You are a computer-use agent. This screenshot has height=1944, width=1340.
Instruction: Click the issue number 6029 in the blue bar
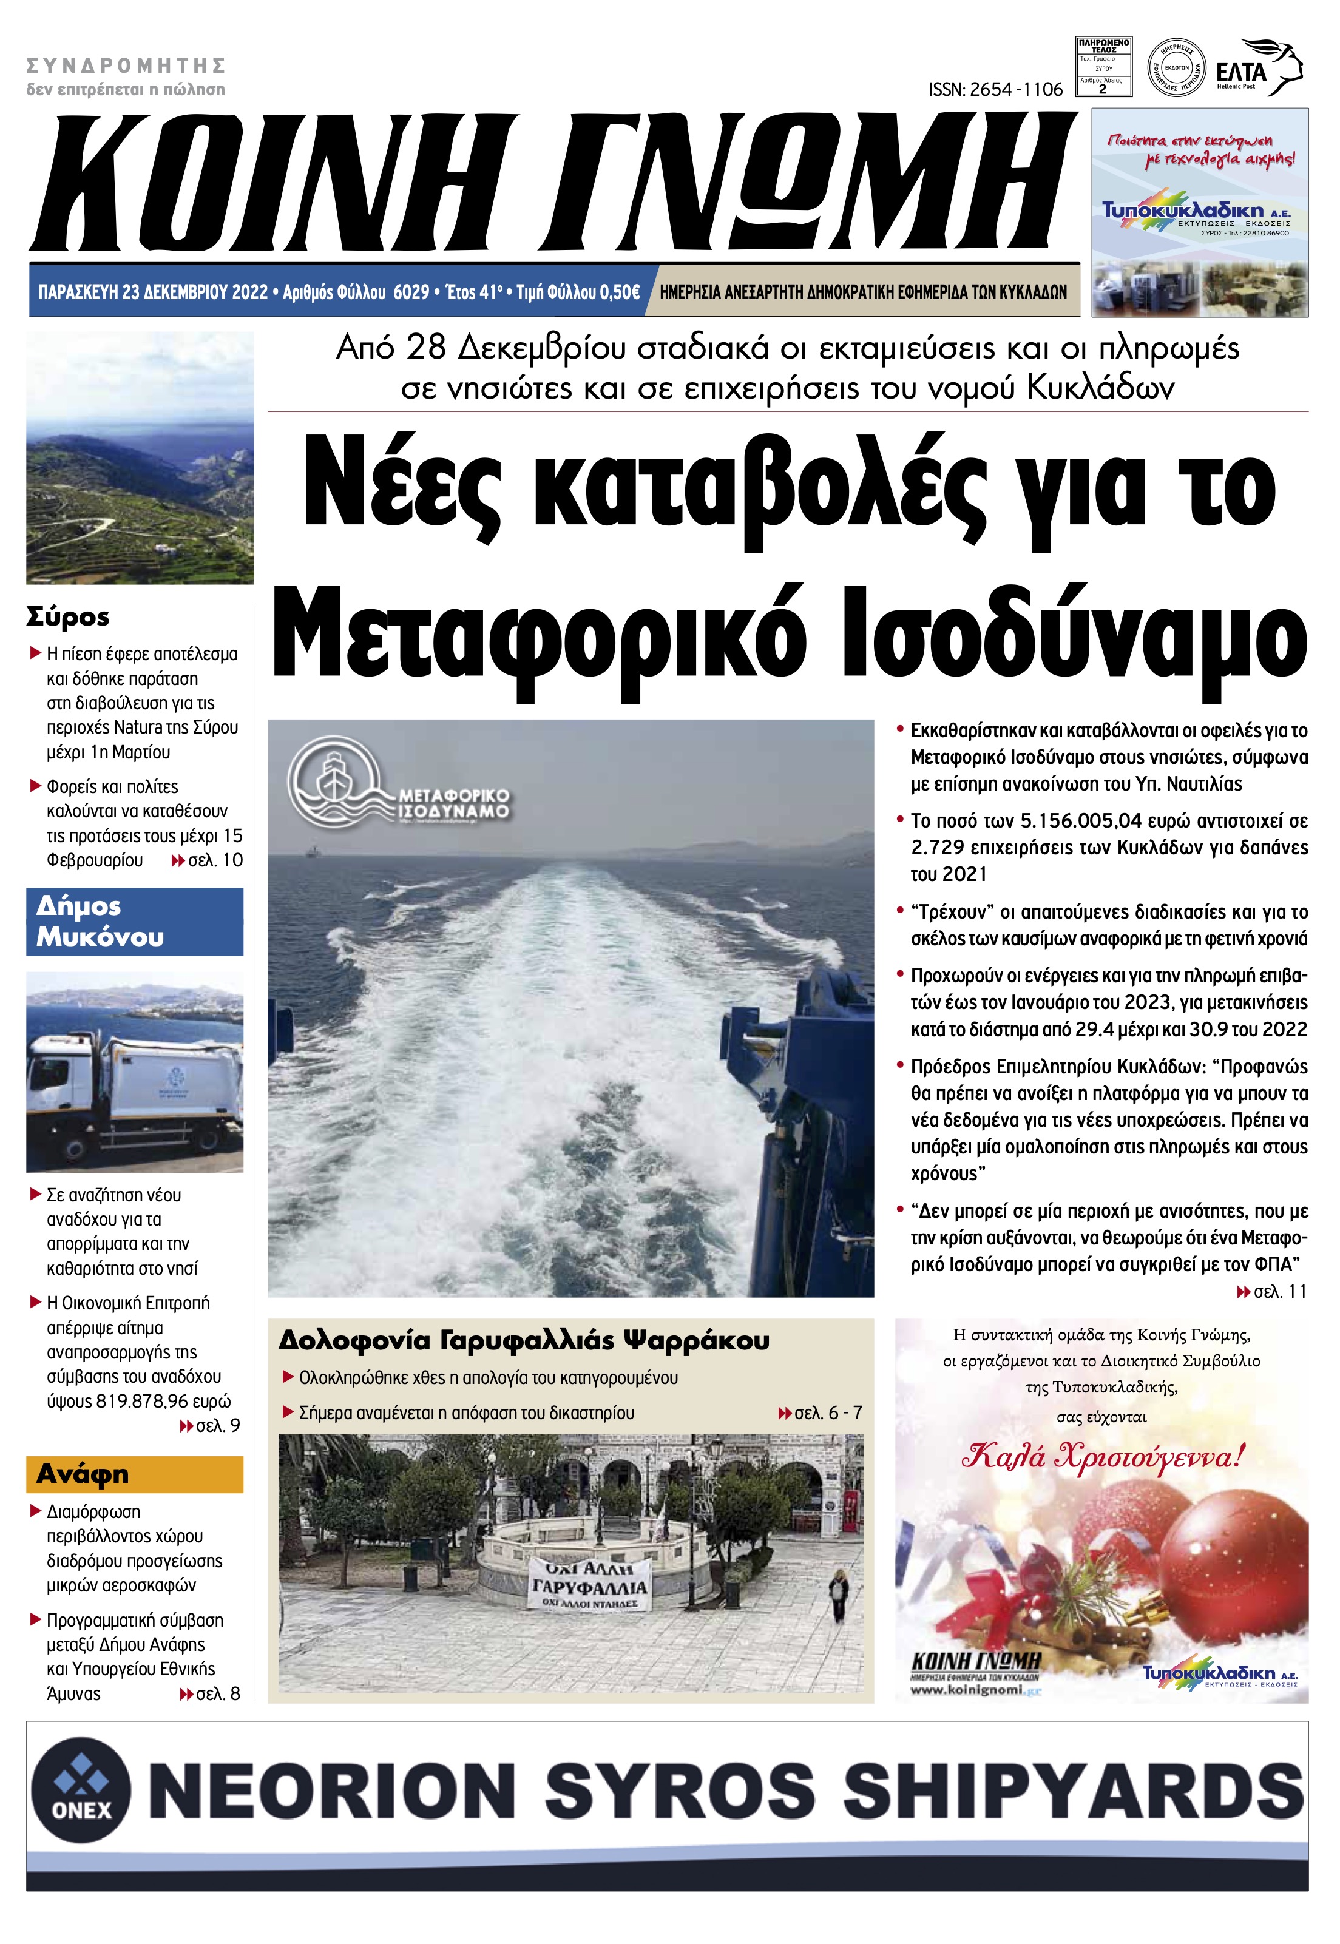tap(411, 292)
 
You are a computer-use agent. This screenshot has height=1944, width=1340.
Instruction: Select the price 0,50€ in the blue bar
tap(615, 292)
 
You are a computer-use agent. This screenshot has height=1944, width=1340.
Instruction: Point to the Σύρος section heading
tap(68, 617)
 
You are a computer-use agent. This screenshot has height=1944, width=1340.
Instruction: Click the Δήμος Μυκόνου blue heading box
tap(134, 922)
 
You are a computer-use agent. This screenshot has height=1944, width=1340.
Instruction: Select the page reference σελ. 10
tap(214, 860)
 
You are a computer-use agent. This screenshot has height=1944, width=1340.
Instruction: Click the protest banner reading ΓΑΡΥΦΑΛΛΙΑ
tap(590, 1587)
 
